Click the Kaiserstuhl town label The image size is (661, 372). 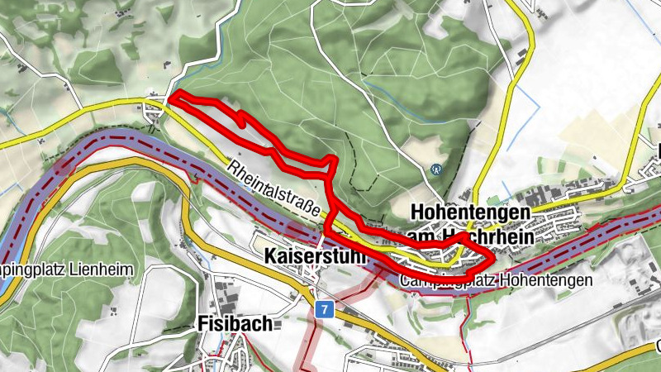(x=315, y=257)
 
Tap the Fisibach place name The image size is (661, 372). (x=235, y=324)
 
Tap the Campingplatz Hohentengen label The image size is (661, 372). (x=495, y=280)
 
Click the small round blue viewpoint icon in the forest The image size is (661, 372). (x=436, y=169)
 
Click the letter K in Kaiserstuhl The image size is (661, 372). (x=271, y=257)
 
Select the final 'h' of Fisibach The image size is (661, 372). (x=267, y=324)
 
